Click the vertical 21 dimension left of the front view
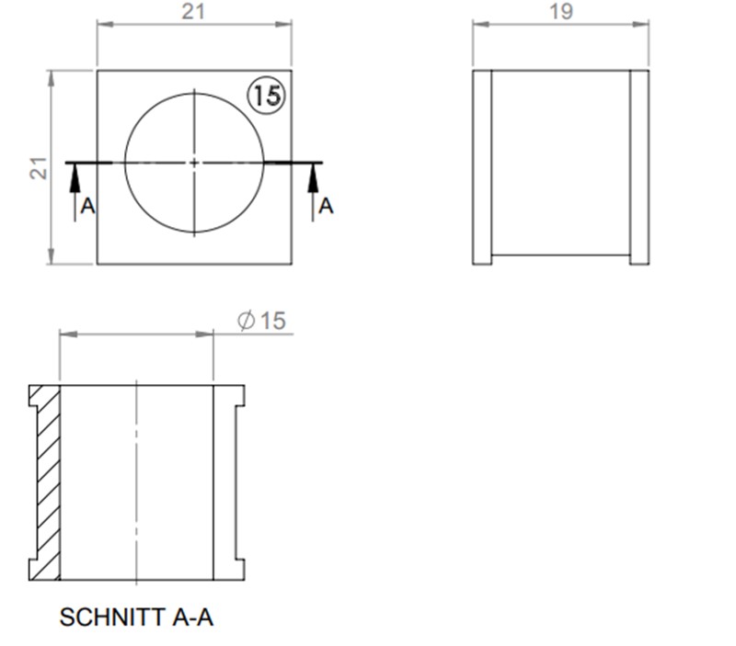tap(38, 166)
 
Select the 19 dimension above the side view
tap(560, 11)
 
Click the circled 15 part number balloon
tap(267, 95)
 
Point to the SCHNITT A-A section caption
tap(136, 617)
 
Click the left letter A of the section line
tap(87, 207)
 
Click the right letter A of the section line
tap(326, 207)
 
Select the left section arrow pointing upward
tap(75, 180)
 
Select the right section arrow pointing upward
tap(313, 180)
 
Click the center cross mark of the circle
tap(194, 163)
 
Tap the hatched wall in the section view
tap(46, 482)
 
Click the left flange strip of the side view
tap(482, 167)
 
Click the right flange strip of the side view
tap(639, 167)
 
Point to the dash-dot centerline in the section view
tap(136, 482)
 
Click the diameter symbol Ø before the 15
tap(246, 321)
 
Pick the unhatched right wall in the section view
tap(224, 482)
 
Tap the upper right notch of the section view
tap(240, 396)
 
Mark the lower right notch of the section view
tap(240, 568)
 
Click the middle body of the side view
tap(560, 167)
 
